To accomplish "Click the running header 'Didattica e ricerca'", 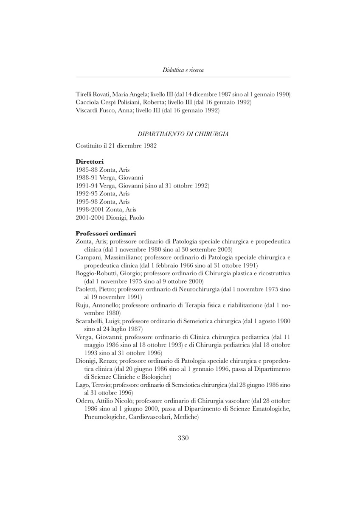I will click(183, 70).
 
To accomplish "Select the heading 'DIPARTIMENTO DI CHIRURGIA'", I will click(183, 134).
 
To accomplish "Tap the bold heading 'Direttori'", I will click(90, 161).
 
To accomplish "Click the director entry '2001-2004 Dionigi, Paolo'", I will click(110, 218).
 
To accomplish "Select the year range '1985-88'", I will click(84, 169).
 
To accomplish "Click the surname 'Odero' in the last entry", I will click(84, 401).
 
